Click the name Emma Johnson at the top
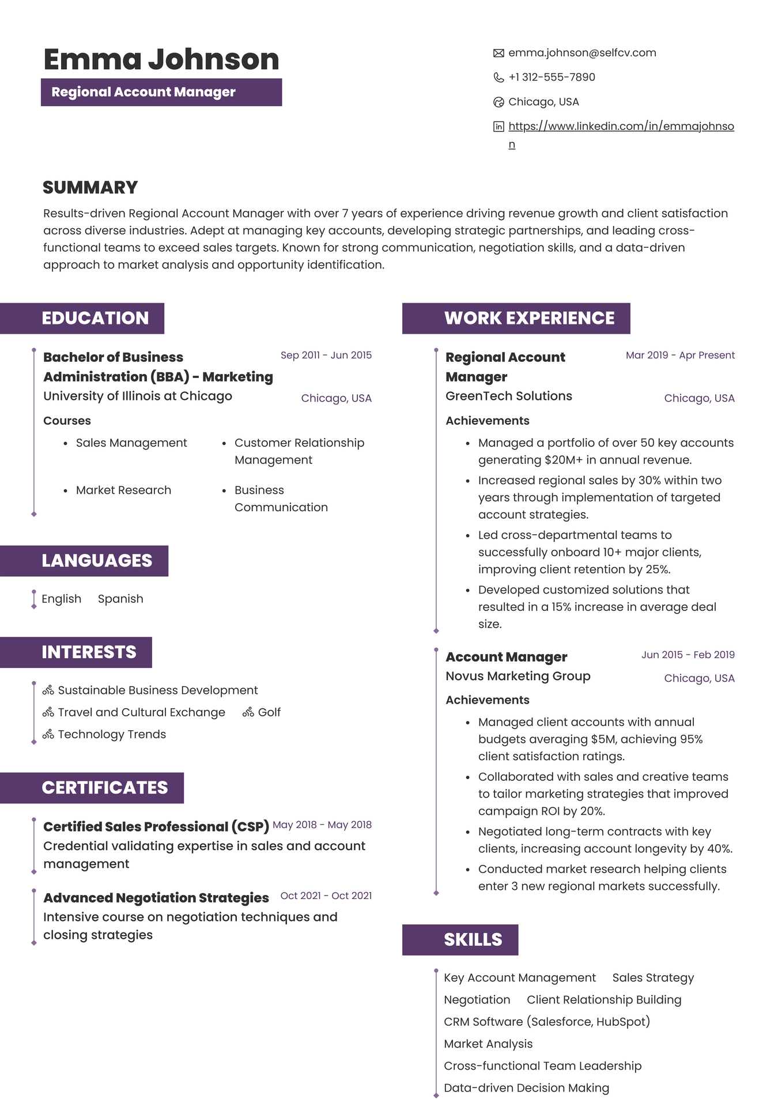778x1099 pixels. [161, 59]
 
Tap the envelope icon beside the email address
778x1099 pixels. [498, 53]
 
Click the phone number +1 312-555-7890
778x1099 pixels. [552, 77]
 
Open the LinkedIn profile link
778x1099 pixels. [621, 126]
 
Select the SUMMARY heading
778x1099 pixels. [90, 187]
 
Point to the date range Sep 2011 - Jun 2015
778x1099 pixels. [326, 355]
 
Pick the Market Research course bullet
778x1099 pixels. [123, 490]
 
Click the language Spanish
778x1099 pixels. [120, 599]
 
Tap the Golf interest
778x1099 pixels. [269, 712]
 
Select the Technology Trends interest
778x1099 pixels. [112, 734]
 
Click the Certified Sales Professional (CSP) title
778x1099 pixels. [156, 826]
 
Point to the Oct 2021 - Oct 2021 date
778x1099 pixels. [326, 896]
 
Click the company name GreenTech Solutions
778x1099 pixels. [508, 396]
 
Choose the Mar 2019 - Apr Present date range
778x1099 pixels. [680, 355]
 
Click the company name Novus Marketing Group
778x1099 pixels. [518, 676]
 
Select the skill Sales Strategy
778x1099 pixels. [653, 977]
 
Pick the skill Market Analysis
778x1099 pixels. [488, 1044]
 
